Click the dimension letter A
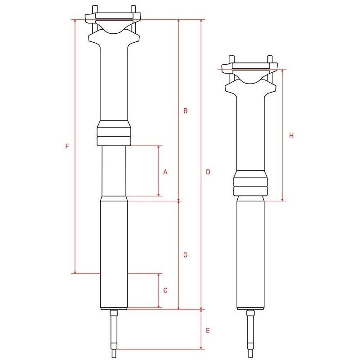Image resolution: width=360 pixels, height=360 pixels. pos(165,172)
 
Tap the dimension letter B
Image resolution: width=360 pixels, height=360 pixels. pos(185,111)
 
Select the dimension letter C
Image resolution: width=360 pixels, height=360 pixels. pos(165,290)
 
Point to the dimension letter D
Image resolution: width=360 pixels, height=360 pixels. pos(208,172)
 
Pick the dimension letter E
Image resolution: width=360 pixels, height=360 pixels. pos(208,331)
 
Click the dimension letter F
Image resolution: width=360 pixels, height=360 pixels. pos(67,146)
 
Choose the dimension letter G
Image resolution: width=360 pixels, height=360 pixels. pos(186,255)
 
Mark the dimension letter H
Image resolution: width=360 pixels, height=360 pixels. pos(291,136)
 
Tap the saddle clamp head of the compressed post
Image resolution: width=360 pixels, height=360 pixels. pos(250,74)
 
